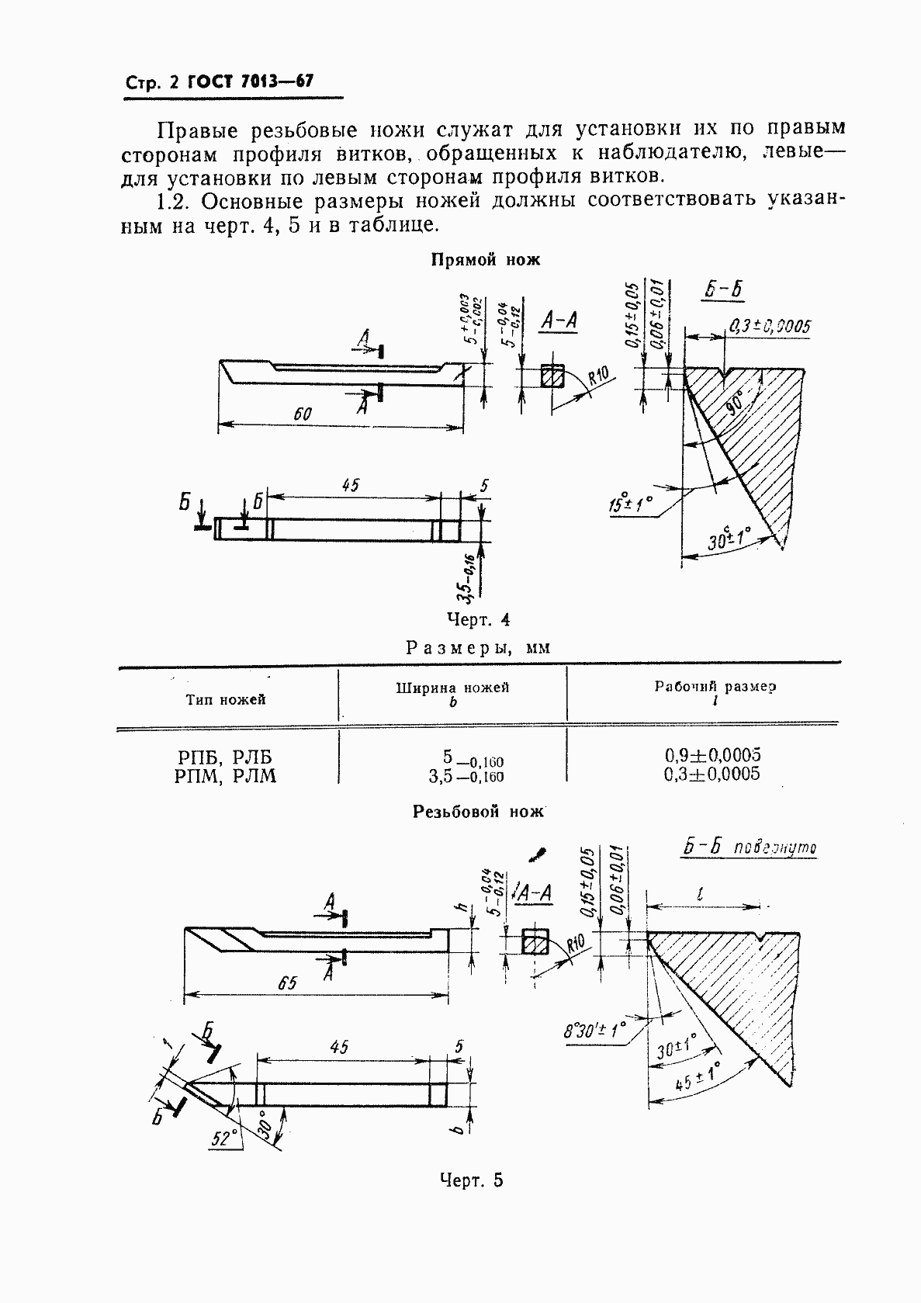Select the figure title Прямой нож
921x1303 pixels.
485,261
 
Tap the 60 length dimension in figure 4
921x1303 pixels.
302,414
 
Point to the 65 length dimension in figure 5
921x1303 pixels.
286,983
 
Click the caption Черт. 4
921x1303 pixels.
478,619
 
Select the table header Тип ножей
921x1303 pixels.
226,700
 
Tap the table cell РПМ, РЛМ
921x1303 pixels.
226,775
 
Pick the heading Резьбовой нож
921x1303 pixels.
478,812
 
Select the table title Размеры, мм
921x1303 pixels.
478,646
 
